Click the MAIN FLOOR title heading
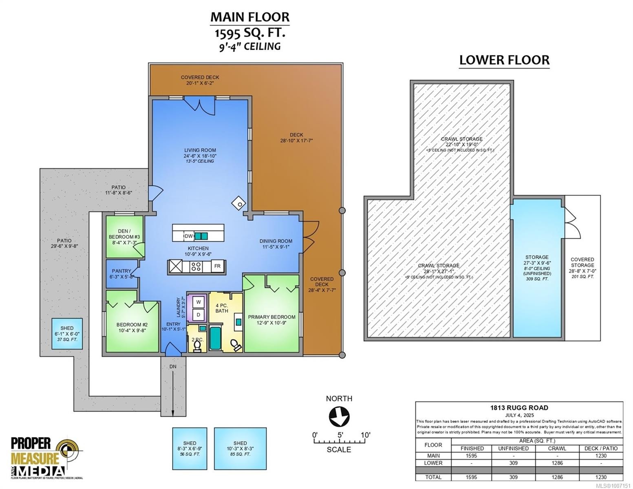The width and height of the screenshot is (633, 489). click(x=249, y=17)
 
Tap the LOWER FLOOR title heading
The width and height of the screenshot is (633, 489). click(x=504, y=60)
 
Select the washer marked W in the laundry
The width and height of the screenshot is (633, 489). click(x=199, y=302)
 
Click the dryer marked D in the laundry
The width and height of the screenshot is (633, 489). click(x=199, y=315)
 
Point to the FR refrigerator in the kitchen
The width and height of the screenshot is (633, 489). click(x=217, y=267)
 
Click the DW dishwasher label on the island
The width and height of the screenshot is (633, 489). click(x=189, y=236)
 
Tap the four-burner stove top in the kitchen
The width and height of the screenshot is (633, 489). click(x=196, y=267)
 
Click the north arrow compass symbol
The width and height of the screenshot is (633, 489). click(x=339, y=417)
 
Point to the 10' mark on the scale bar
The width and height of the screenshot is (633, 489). click(x=365, y=435)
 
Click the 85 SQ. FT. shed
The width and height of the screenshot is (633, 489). click(x=240, y=448)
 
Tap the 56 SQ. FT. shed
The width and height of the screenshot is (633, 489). click(x=190, y=448)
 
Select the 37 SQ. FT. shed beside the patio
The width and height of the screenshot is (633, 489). click(x=67, y=333)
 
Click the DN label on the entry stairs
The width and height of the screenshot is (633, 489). click(x=173, y=367)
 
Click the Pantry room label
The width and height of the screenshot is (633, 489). click(x=121, y=271)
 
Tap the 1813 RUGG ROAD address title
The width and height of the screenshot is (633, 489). click(x=518, y=407)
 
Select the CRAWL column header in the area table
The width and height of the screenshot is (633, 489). click(x=557, y=448)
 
